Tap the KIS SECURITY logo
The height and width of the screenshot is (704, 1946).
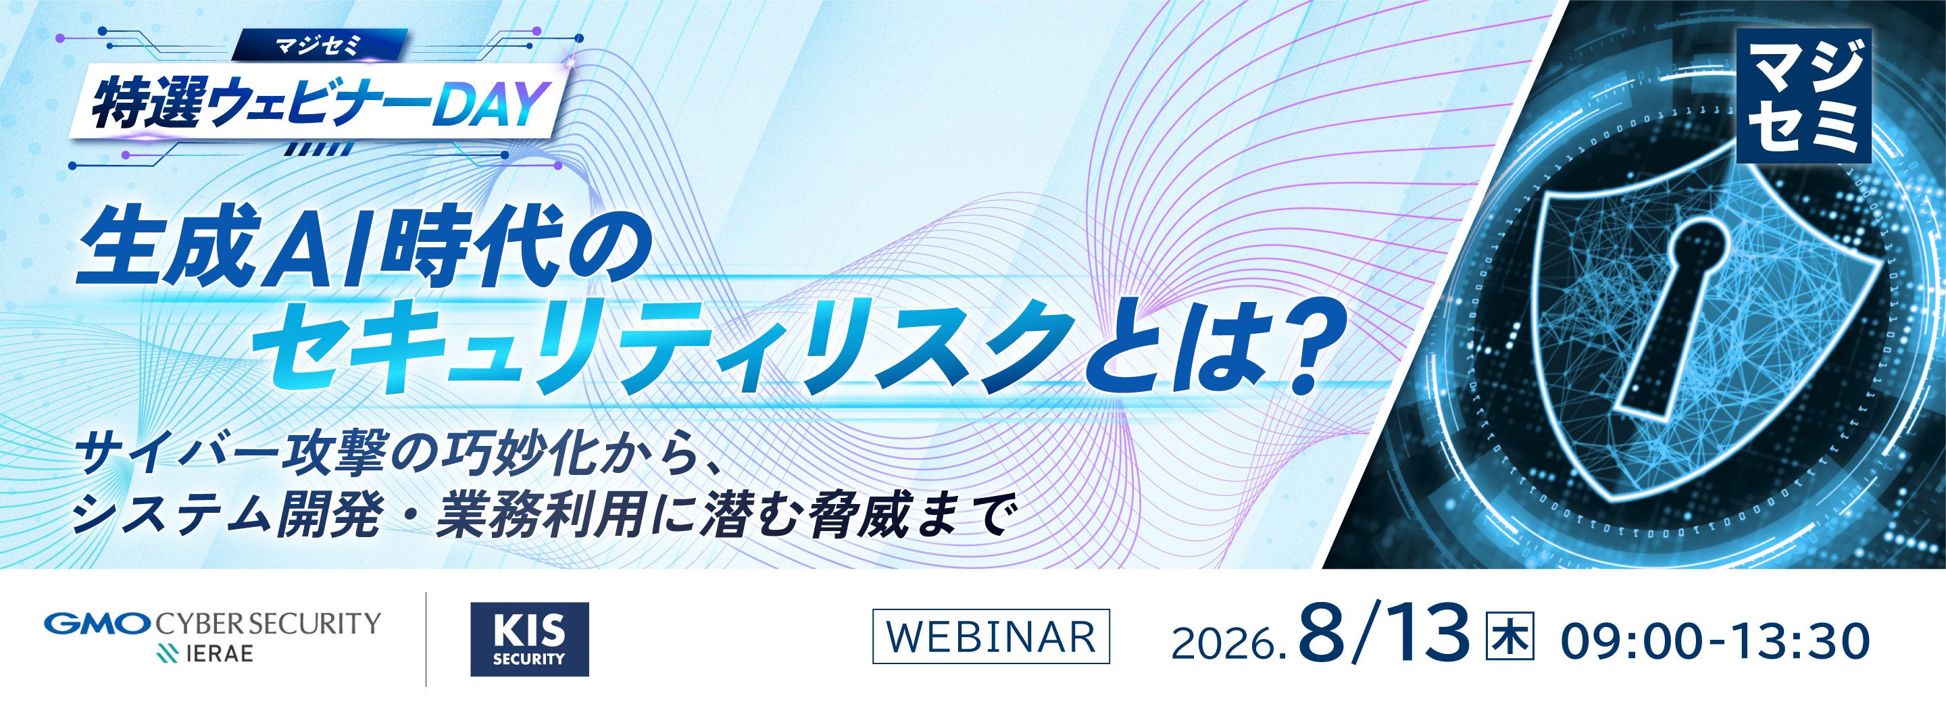[x=529, y=639]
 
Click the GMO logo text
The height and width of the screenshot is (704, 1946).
[x=99, y=624]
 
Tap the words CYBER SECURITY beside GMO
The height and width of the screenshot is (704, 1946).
[x=268, y=624]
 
